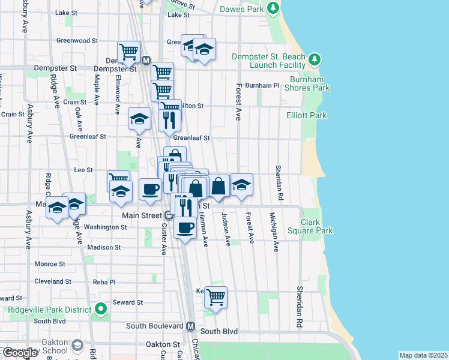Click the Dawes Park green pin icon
[273, 8]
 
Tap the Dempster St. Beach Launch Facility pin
[315, 59]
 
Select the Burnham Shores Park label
[310, 83]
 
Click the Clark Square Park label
[317, 226]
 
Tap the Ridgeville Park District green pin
[101, 310]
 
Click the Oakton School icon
[77, 345]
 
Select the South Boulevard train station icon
[190, 326]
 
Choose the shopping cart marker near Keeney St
[215, 296]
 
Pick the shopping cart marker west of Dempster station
[128, 52]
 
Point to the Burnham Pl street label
[262, 86]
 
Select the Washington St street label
[105, 227]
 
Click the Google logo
[20, 353]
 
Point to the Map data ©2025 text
[423, 355]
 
